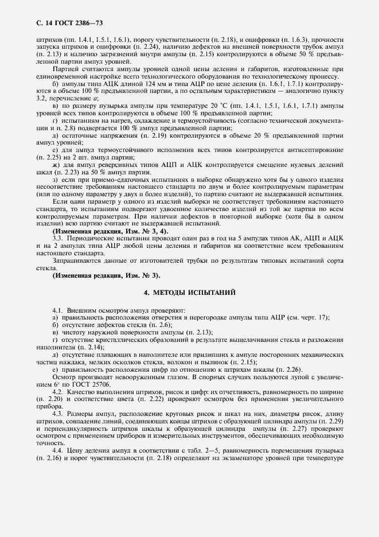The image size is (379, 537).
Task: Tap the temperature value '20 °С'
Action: tap(200, 107)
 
